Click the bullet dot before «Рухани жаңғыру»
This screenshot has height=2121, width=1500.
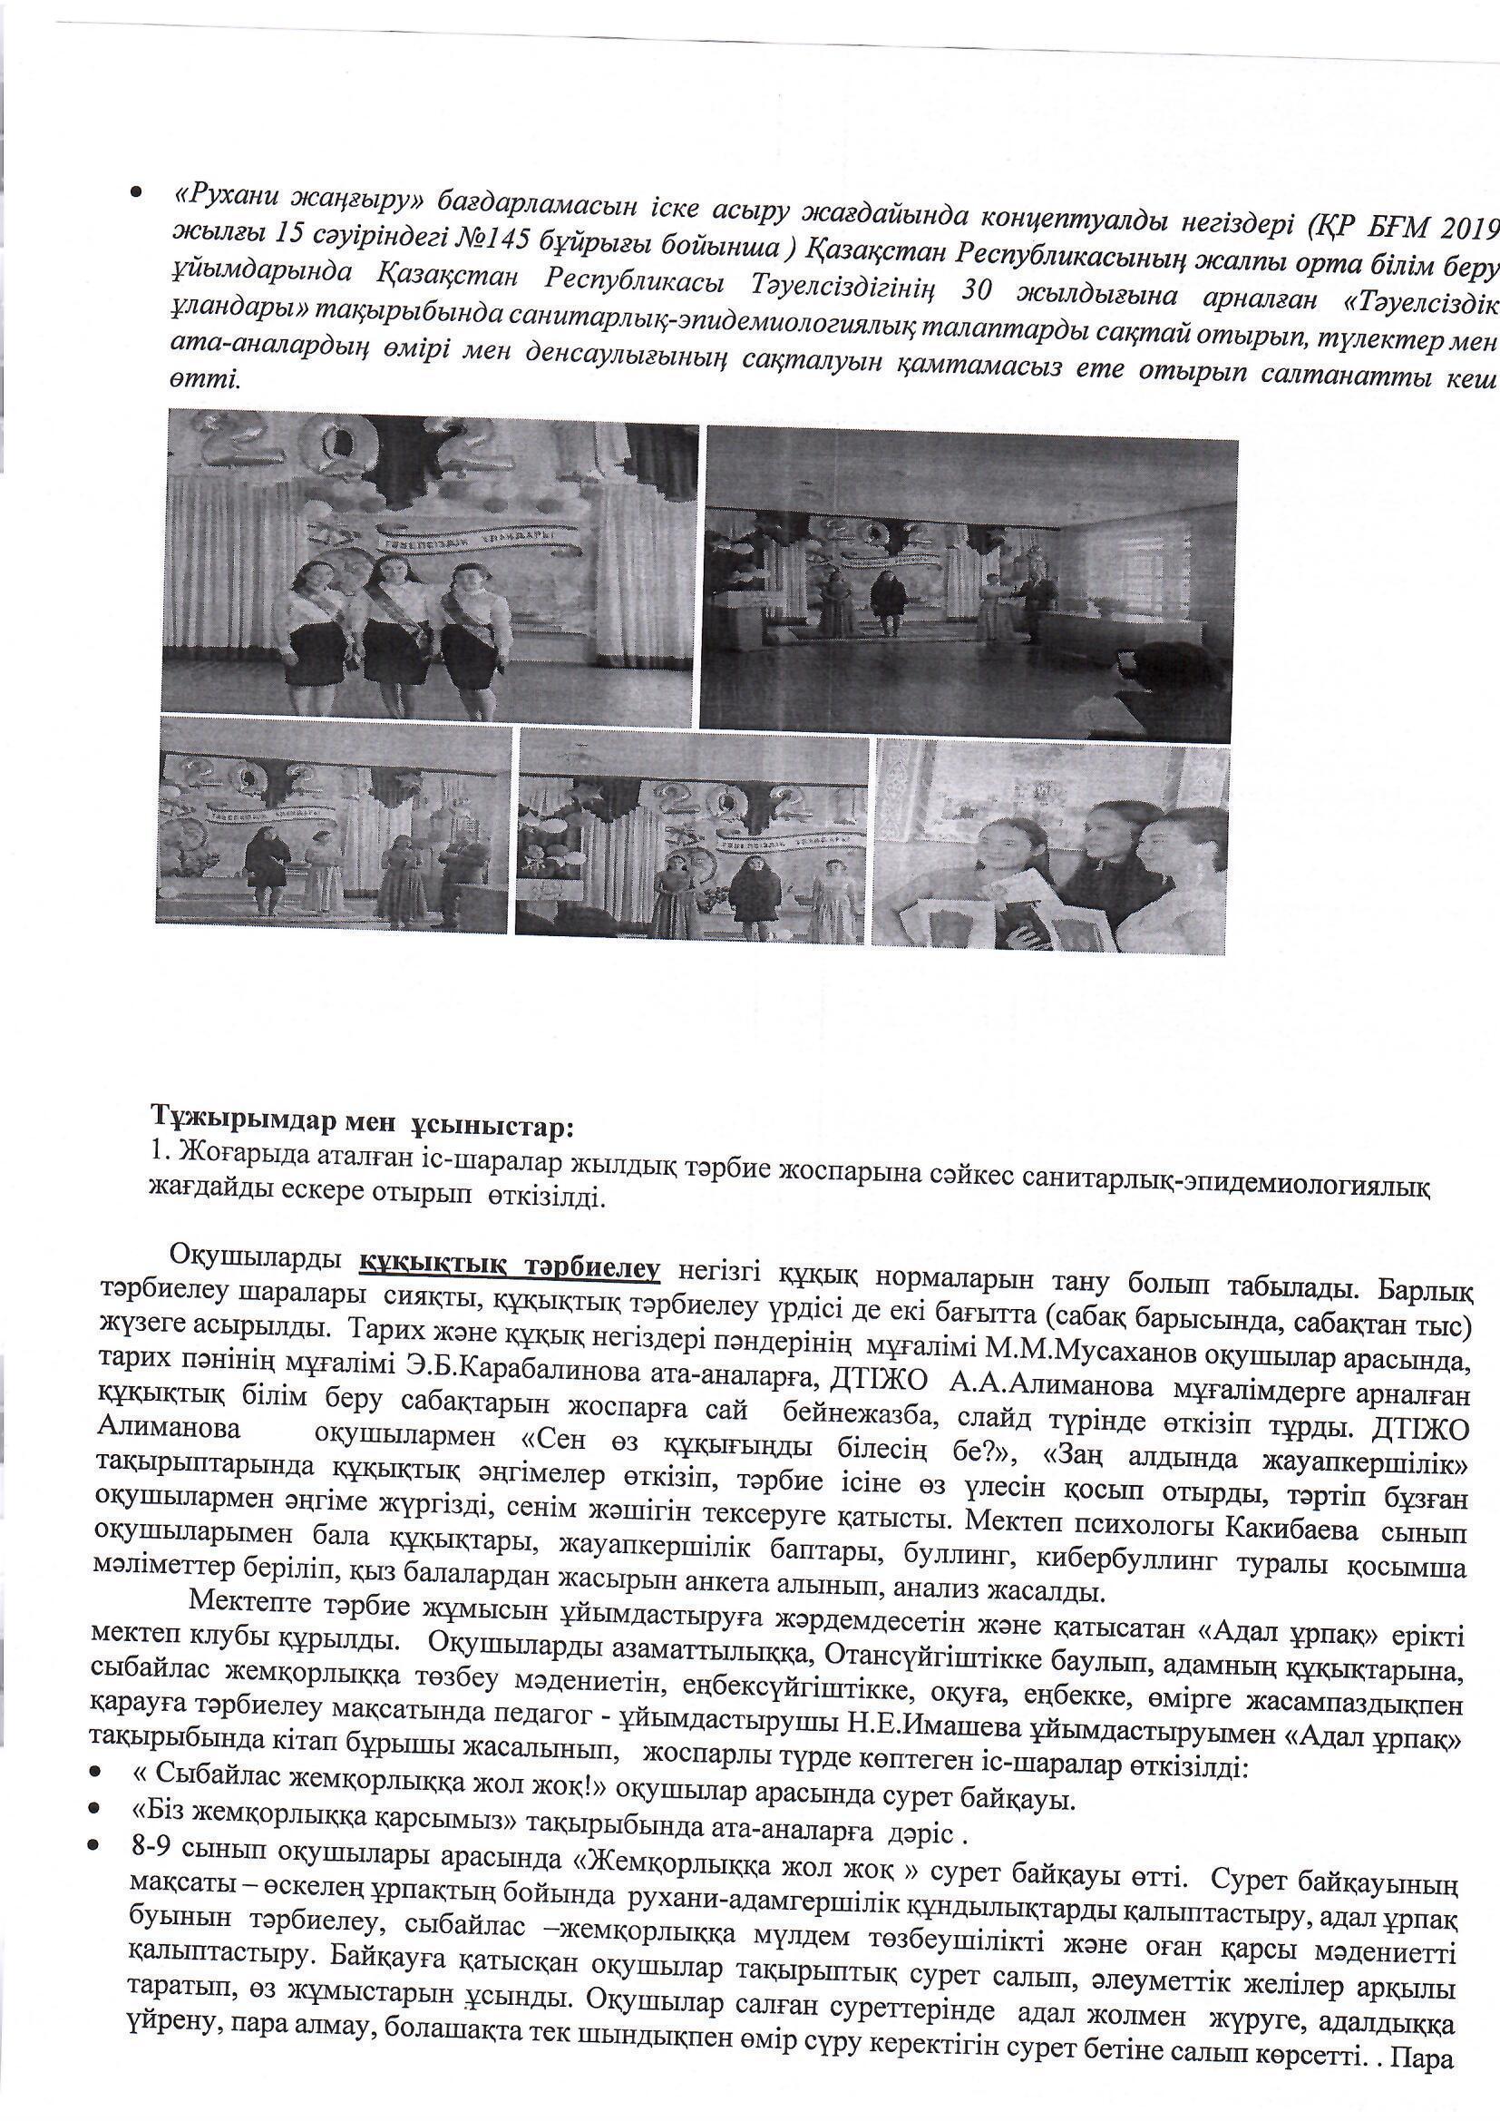pyautogui.click(x=136, y=192)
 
